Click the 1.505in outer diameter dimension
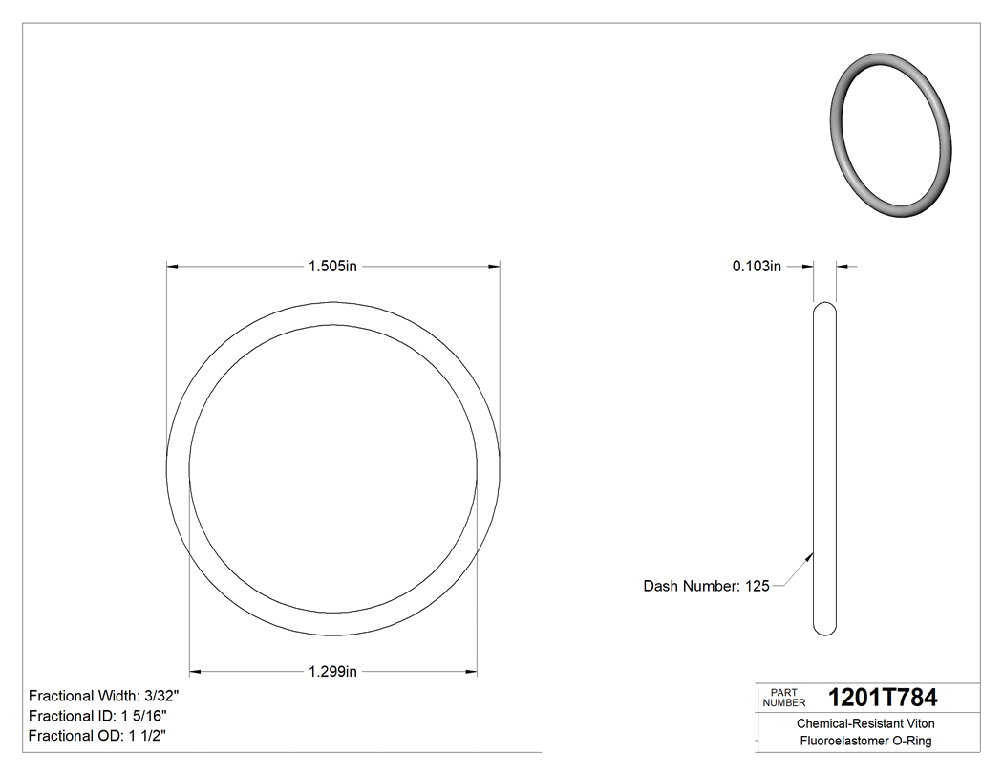coord(332,267)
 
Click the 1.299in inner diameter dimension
coord(332,672)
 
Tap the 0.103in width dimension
coord(757,267)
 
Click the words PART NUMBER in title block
coord(784,698)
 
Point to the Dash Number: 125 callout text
coord(706,586)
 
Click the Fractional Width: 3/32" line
coord(104,696)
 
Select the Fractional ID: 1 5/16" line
coord(99,716)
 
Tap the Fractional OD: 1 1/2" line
coord(99,736)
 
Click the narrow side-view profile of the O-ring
coord(824,468)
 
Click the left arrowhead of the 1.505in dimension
coord(173,267)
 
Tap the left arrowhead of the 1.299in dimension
coord(196,672)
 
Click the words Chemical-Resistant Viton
coord(865,724)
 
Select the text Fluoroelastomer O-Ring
coord(865,742)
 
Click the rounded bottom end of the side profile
coord(824,629)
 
